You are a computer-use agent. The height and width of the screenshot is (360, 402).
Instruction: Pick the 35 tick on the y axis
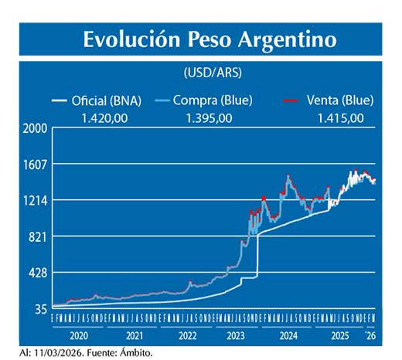point(39,309)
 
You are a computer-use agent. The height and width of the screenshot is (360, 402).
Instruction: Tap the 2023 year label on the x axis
point(235,337)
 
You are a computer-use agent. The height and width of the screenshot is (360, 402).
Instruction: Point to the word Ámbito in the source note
point(135,352)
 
